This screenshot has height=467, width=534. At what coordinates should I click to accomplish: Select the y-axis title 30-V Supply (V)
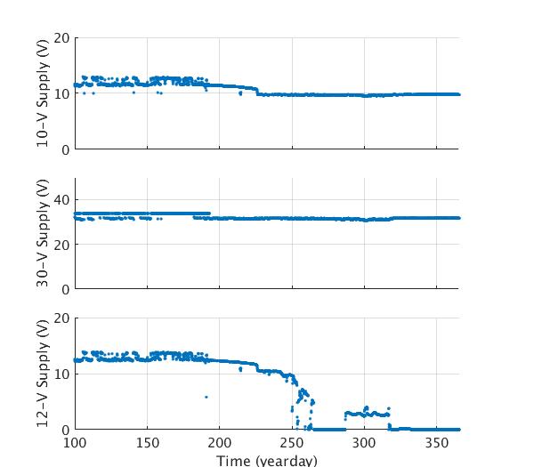(42, 233)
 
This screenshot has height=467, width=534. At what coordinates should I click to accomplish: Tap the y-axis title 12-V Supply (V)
(42, 374)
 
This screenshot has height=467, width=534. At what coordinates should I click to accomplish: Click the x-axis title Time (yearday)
(267, 460)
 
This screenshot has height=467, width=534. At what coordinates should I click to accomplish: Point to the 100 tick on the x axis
(75, 442)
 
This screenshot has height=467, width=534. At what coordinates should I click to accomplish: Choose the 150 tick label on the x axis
(148, 442)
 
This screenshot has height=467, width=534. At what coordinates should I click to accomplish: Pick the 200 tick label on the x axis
(220, 442)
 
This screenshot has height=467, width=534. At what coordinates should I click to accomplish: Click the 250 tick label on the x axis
(293, 442)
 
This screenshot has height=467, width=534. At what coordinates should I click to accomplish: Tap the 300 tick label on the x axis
(365, 442)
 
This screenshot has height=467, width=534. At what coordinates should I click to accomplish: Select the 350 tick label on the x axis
(437, 442)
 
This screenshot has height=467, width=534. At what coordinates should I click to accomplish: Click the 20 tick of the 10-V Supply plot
(61, 38)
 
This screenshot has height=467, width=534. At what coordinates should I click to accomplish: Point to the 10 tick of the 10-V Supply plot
(61, 93)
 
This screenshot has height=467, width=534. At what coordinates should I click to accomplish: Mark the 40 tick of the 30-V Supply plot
(61, 200)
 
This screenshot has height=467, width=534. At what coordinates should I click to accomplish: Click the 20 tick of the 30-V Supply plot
(61, 245)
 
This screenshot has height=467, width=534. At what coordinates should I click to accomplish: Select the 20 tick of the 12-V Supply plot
(61, 318)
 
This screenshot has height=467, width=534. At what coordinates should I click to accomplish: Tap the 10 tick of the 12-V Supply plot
(61, 374)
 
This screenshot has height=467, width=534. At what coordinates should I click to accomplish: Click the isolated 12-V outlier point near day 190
(206, 397)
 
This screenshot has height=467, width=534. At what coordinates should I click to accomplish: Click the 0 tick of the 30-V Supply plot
(65, 289)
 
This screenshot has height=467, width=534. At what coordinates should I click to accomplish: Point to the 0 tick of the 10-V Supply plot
(65, 149)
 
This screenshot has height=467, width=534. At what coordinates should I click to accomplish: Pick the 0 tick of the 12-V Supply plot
(65, 430)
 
